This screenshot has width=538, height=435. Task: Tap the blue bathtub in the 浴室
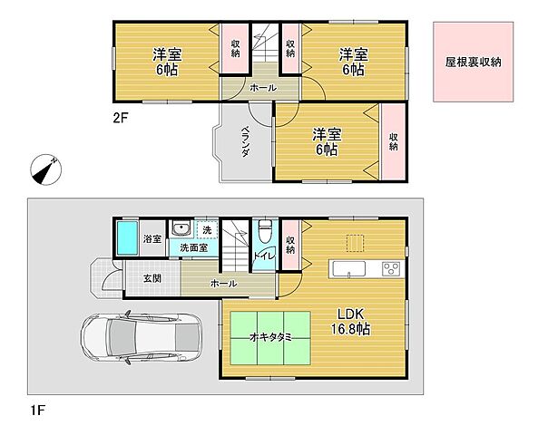pyautogui.click(x=127, y=238)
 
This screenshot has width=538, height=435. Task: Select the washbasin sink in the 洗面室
pyautogui.click(x=181, y=227)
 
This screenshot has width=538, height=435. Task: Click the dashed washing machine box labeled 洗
pyautogui.click(x=207, y=229)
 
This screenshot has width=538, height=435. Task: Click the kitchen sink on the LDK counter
pyautogui.click(x=348, y=268)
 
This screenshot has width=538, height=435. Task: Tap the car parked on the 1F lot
pyautogui.click(x=141, y=337)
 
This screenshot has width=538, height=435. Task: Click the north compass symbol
pyautogui.click(x=45, y=169)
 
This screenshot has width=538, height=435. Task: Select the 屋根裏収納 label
pyautogui.click(x=473, y=62)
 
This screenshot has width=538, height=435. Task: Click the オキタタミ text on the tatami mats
pyautogui.click(x=270, y=337)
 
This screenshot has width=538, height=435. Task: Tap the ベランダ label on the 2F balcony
pyautogui.click(x=245, y=141)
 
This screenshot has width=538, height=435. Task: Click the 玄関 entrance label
pyautogui.click(x=152, y=278)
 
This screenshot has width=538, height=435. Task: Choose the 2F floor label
pyautogui.click(x=120, y=118)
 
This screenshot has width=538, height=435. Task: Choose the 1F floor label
pyautogui.click(x=37, y=410)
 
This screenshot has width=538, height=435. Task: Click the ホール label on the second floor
pyautogui.click(x=263, y=88)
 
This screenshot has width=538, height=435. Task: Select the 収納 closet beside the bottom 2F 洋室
pyautogui.click(x=394, y=141)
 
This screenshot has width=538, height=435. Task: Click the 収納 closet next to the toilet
pyautogui.click(x=290, y=245)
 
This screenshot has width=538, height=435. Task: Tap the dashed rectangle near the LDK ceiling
pyautogui.click(x=355, y=243)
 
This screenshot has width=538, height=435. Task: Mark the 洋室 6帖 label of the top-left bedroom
pyautogui.click(x=167, y=62)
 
